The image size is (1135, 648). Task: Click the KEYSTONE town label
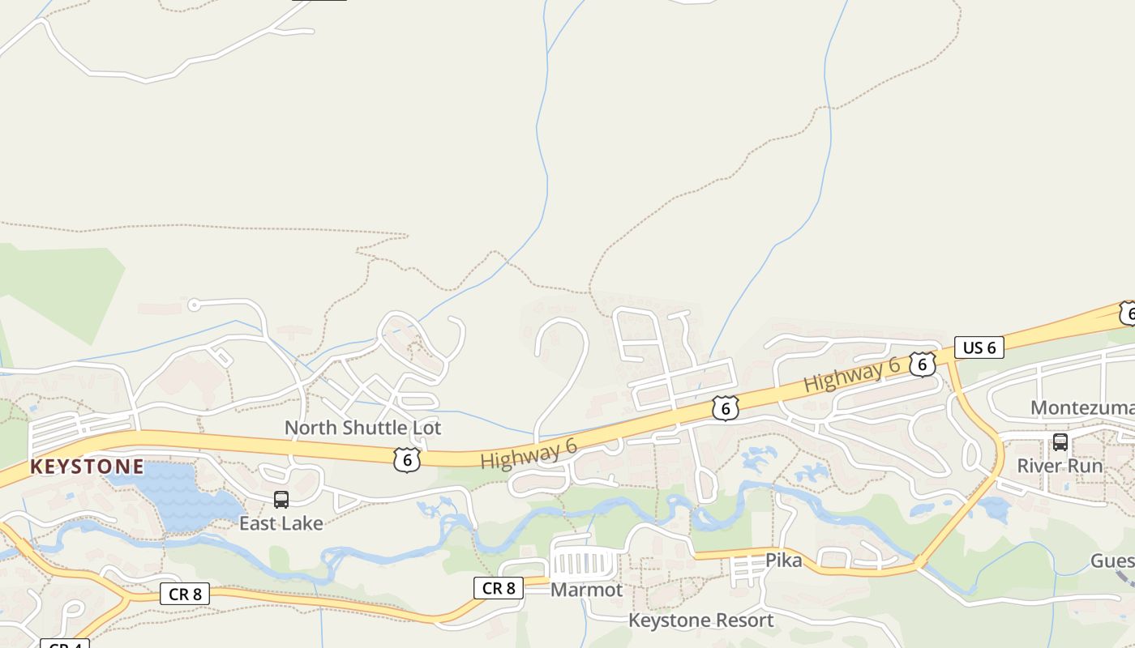pyautogui.click(x=87, y=467)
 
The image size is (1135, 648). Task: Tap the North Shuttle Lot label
pyautogui.click(x=362, y=427)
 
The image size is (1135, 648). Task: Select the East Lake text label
pyautogui.click(x=281, y=523)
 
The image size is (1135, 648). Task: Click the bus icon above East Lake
pyautogui.click(x=281, y=500)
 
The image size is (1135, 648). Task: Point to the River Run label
pyautogui.click(x=1060, y=466)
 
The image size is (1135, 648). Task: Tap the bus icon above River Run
pyautogui.click(x=1060, y=442)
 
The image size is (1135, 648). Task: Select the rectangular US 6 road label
pyautogui.click(x=979, y=347)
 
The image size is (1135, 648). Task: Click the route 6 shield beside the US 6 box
pyautogui.click(x=922, y=364)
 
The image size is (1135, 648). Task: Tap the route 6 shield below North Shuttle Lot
pyautogui.click(x=407, y=460)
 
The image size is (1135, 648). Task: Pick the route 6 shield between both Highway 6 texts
pyautogui.click(x=725, y=408)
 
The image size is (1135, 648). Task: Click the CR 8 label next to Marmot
pyautogui.click(x=499, y=588)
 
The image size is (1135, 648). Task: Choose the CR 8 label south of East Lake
pyautogui.click(x=185, y=594)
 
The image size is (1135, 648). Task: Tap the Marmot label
pyautogui.click(x=586, y=590)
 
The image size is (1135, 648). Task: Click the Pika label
pyautogui.click(x=783, y=561)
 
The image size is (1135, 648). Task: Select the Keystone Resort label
pyautogui.click(x=701, y=620)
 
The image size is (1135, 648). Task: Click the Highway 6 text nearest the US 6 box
pyautogui.click(x=851, y=376)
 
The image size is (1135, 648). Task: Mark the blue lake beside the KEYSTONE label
pyautogui.click(x=174, y=494)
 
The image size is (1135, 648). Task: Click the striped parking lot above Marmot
pyautogui.click(x=582, y=561)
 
